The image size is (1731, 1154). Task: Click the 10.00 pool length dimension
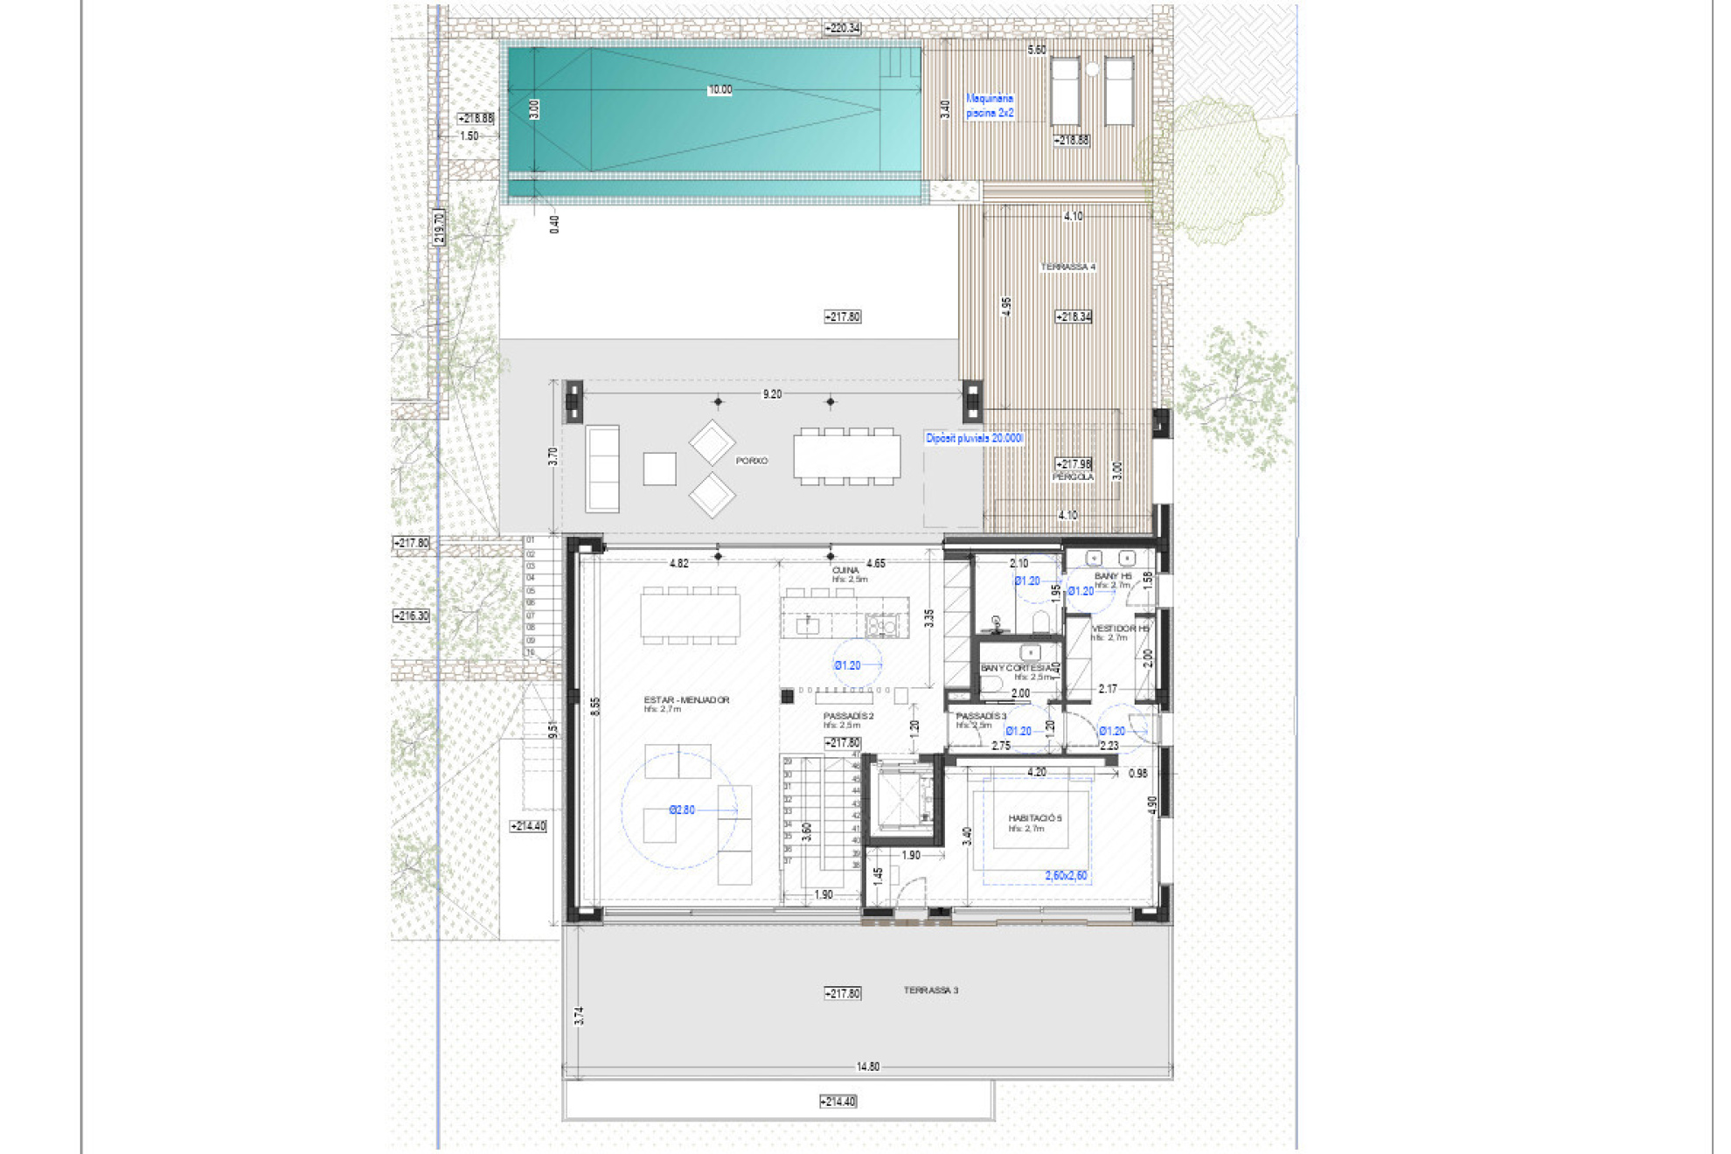[x=720, y=90]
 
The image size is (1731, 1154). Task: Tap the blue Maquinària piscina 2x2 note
[x=990, y=106]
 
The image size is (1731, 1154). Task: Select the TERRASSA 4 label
[x=1067, y=267]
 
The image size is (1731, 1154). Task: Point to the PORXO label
[x=751, y=461]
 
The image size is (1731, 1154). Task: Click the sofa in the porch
[x=602, y=469]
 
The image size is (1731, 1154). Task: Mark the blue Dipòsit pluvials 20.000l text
[x=974, y=438]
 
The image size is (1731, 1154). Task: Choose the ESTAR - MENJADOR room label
[x=686, y=700]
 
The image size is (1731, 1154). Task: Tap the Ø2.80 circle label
[x=682, y=810]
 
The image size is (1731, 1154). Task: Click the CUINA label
[x=845, y=571]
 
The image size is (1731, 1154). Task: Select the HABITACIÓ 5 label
[x=1035, y=819]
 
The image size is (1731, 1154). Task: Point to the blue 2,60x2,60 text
[x=1066, y=876]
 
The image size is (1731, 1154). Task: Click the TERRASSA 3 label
[x=930, y=991]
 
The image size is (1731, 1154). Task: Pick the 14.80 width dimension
[x=867, y=1067]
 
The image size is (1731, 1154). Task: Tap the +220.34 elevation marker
[x=843, y=28]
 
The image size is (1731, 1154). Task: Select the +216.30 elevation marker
[x=412, y=616]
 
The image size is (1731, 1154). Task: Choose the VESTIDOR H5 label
[x=1120, y=629]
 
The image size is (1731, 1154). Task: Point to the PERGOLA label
[x=1073, y=477]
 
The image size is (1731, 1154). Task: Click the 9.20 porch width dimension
[x=772, y=394]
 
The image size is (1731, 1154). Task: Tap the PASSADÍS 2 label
[x=848, y=717]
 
